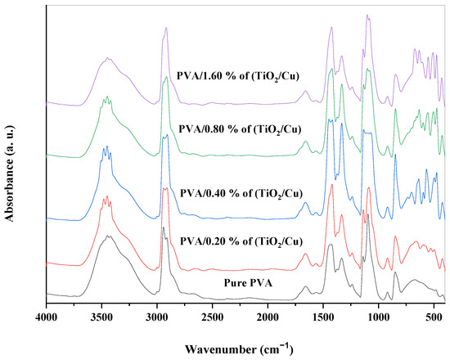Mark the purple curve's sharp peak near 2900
click(166, 28)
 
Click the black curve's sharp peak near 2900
click(164, 227)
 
